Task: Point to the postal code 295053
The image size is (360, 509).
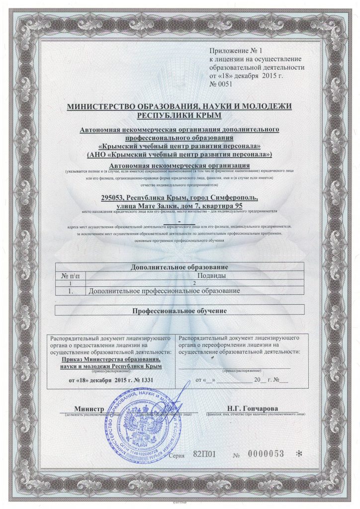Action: pyautogui.click(x=114, y=198)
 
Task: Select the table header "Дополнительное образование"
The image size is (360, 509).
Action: pyautogui.click(x=179, y=267)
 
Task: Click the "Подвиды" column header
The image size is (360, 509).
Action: pyautogui.click(x=212, y=275)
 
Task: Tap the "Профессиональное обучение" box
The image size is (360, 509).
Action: pyautogui.click(x=179, y=311)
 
